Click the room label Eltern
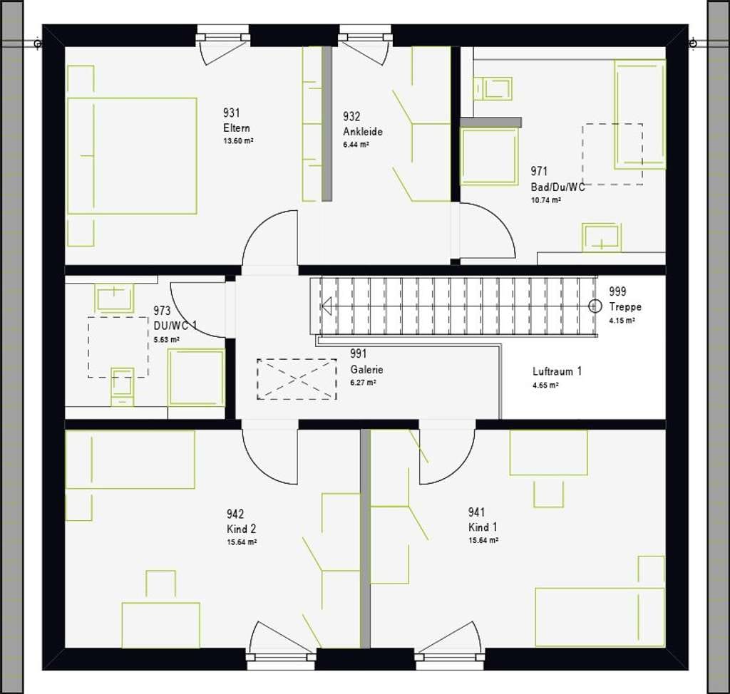[237, 128]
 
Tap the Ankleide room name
[363, 131]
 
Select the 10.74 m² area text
[545, 200]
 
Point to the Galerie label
[367, 370]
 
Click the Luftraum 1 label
[557, 371]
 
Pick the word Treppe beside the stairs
[625, 306]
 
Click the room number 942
[235, 514]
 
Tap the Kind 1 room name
[483, 527]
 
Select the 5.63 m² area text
[167, 339]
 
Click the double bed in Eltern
[132, 156]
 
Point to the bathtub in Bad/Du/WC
[639, 114]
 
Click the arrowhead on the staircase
[327, 306]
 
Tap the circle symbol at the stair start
[595, 306]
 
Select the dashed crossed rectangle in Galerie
[297, 379]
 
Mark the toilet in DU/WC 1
[123, 387]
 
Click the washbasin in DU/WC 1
[114, 297]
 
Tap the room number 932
[351, 116]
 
